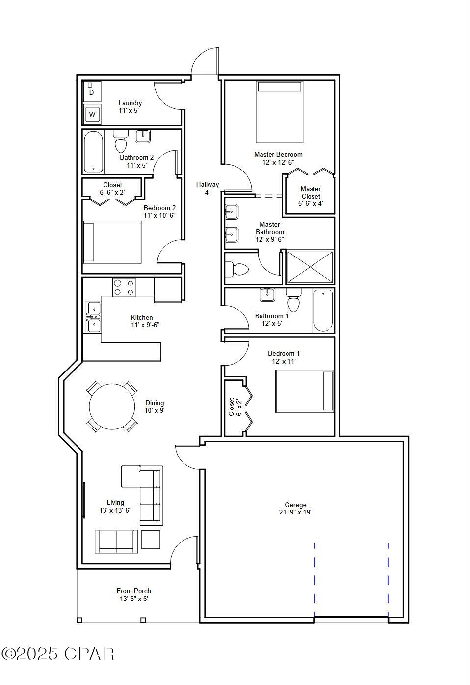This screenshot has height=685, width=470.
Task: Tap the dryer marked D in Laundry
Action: [91, 90]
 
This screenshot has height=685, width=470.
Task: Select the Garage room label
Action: [295, 509]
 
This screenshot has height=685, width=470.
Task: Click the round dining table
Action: [112, 407]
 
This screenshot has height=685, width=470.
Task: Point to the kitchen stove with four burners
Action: [124, 287]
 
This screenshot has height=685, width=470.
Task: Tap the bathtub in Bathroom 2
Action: [94, 151]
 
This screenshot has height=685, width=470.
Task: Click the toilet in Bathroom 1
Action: [293, 300]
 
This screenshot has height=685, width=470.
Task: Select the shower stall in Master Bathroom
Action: [310, 267]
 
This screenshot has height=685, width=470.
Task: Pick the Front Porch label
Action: [134, 595]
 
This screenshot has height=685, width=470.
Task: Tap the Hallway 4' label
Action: [208, 188]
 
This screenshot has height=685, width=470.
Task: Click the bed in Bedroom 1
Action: [304, 391]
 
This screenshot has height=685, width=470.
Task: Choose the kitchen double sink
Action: [93, 316]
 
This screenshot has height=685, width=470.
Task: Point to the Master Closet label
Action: [311, 196]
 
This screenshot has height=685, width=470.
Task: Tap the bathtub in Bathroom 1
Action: [323, 311]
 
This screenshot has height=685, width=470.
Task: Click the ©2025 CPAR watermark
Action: [58, 654]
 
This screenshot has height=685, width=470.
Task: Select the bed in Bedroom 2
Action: [112, 242]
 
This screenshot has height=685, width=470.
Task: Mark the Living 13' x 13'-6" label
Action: [115, 506]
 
